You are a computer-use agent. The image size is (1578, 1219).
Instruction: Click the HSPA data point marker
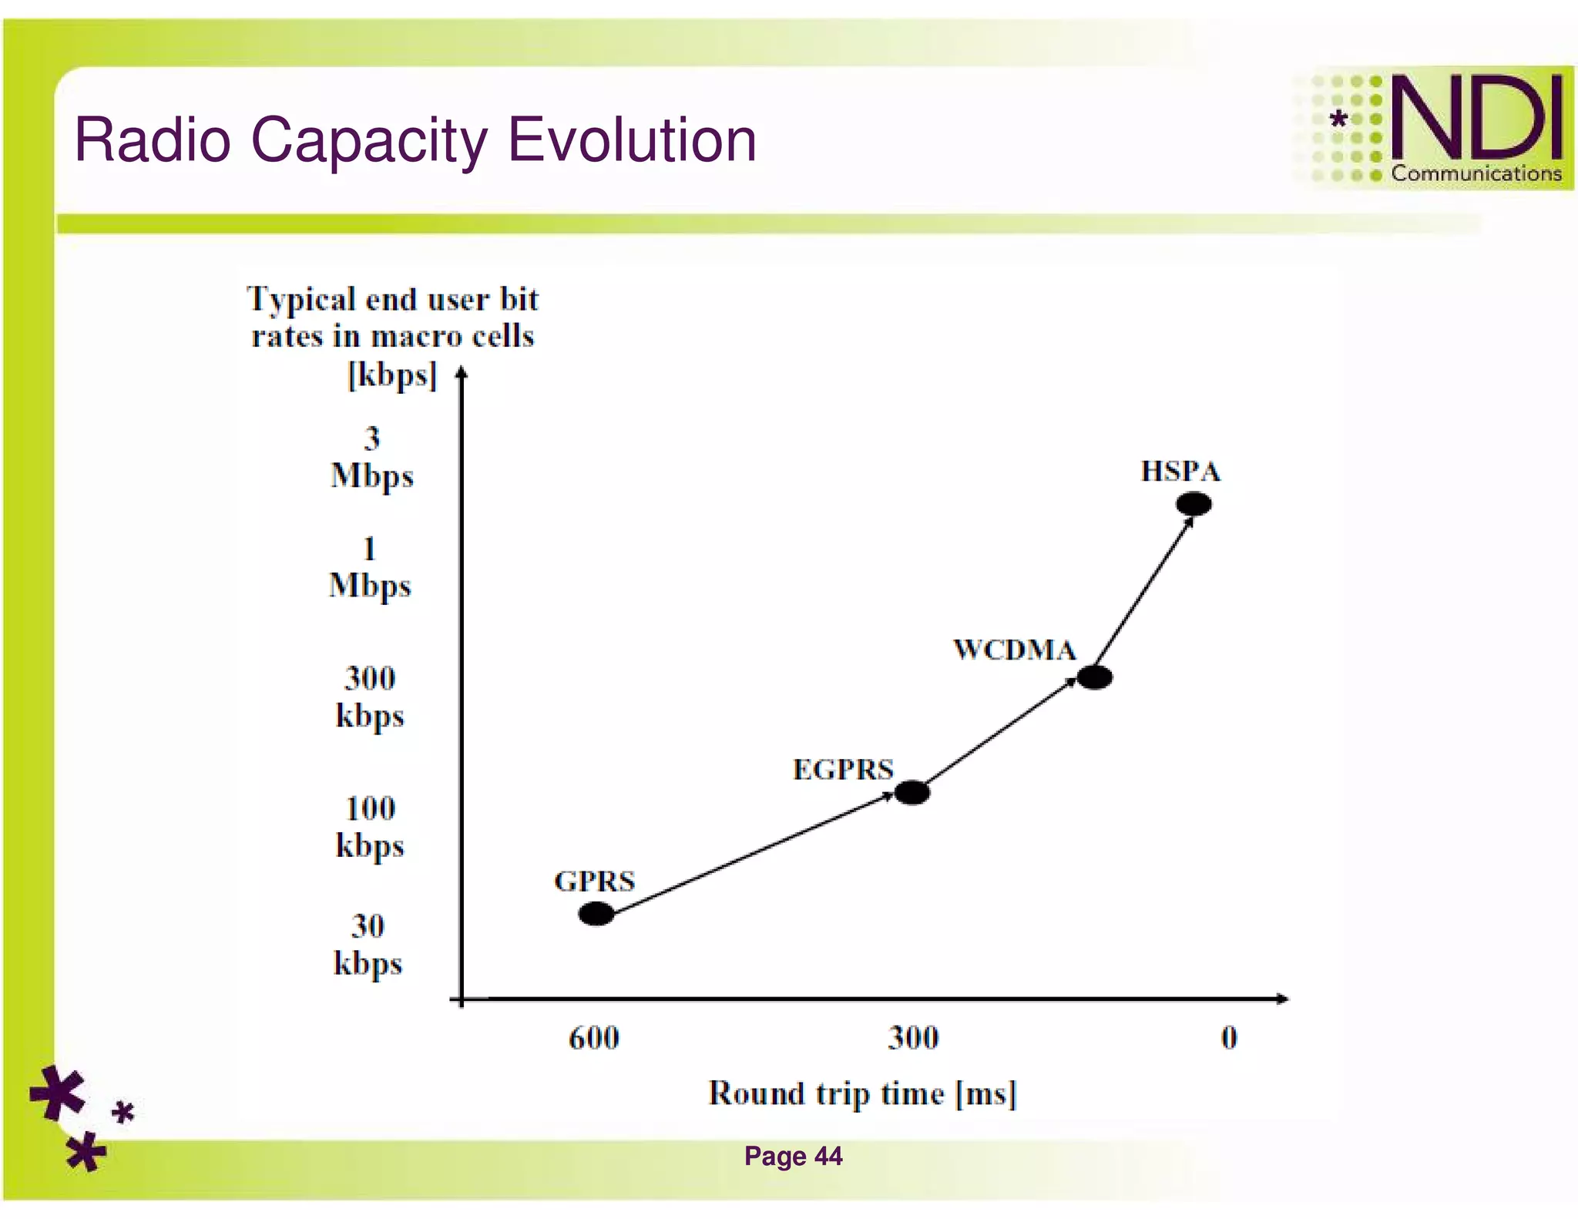1194,504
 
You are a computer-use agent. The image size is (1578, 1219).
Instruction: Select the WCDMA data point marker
1094,677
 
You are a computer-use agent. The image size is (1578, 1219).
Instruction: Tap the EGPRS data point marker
912,792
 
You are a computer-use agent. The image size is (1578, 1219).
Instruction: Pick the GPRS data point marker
596,914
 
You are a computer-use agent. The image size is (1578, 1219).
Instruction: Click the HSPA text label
1180,471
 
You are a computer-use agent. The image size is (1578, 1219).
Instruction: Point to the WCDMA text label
1014,650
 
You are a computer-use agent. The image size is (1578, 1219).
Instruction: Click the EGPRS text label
843,769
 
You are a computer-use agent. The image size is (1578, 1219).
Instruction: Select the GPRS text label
594,881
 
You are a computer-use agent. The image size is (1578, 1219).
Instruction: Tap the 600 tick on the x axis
594,1038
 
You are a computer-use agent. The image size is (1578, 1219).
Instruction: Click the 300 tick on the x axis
913,1038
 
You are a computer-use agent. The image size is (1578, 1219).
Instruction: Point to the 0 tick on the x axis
1229,1038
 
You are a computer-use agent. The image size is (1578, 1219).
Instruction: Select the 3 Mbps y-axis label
372,457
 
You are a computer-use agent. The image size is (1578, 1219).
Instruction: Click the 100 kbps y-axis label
371,827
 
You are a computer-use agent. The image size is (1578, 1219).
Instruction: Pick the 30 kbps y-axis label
368,945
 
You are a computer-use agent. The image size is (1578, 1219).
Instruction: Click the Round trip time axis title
862,1093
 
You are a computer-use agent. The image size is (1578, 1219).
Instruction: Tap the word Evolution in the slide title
632,140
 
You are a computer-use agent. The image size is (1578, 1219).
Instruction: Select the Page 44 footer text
793,1156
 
